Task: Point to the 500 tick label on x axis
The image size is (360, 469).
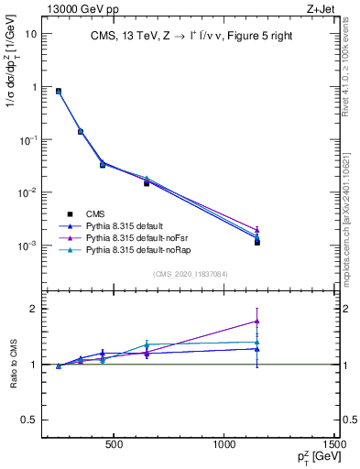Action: click(x=115, y=447)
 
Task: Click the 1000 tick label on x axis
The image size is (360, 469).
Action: click(x=224, y=447)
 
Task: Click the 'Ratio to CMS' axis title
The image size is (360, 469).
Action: click(x=13, y=364)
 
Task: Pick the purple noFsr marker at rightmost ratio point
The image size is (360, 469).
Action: click(x=257, y=321)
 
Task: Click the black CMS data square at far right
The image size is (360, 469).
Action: click(x=257, y=242)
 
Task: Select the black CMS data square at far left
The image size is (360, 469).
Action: click(x=59, y=92)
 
